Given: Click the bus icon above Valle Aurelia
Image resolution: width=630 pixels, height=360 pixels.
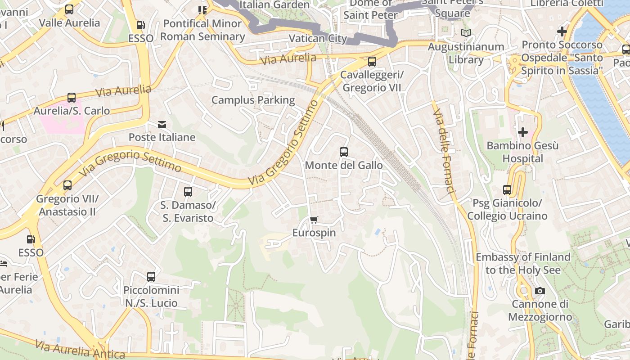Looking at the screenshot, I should tap(69, 9).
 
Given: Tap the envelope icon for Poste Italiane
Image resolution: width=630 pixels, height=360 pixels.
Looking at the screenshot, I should tap(162, 124).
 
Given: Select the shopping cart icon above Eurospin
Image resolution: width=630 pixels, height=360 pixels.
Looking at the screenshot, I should tap(314, 220).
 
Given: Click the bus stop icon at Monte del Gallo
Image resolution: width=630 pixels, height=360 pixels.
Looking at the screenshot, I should tap(344, 152).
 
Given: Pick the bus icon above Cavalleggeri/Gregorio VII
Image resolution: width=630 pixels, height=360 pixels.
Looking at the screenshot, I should tap(372, 62).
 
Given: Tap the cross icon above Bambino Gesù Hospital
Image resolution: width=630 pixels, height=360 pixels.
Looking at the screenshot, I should tap(523, 132).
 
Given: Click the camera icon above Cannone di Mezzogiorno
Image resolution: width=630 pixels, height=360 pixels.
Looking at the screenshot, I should tap(540, 291).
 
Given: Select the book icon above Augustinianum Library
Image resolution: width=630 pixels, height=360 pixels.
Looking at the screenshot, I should tap(466, 33).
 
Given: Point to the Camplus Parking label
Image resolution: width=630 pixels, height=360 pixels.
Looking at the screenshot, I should tap(253, 100).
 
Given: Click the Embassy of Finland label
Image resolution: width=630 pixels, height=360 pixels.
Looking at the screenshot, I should tap(523, 263).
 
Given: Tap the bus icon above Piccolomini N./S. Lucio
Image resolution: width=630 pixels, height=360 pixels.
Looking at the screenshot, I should tap(151, 277).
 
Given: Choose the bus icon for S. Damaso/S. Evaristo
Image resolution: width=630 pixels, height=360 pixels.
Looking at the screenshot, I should tap(188, 192).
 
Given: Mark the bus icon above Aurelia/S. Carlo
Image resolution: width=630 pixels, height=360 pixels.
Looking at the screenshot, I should tap(72, 97).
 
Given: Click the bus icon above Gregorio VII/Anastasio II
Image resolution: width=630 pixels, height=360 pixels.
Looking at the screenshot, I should tap(67, 185).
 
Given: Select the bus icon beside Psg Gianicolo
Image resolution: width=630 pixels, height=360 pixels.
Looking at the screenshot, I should tap(507, 190).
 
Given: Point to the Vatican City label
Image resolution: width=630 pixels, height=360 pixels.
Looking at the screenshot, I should tap(318, 38).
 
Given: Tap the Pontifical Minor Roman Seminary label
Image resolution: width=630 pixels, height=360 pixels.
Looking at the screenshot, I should tap(202, 30).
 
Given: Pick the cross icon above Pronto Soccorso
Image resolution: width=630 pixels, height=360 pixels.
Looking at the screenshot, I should tap(562, 31).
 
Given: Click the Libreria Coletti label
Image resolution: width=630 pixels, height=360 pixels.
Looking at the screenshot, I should tap(567, 4).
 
